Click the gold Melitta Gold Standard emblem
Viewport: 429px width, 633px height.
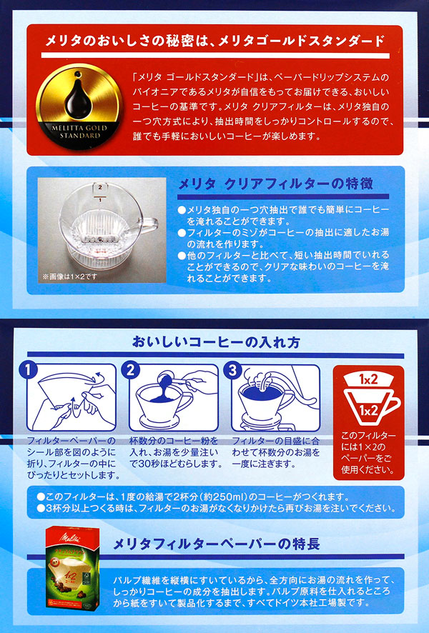[79, 106]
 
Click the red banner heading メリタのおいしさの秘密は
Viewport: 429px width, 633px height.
[214, 41]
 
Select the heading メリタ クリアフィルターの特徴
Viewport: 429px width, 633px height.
[275, 184]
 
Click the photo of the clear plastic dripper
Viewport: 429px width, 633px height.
[102, 230]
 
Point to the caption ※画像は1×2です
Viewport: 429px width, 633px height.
[69, 276]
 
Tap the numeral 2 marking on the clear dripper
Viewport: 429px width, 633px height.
[100, 187]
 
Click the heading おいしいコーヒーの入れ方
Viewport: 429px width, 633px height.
[216, 342]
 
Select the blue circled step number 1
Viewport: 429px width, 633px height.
[29, 370]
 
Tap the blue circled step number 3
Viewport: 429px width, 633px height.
[232, 370]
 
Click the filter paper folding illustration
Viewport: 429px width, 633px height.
[71, 398]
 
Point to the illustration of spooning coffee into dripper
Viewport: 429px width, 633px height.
[174, 398]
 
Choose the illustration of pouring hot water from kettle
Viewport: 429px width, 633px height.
[276, 398]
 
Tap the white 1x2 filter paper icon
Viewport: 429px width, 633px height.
[368, 379]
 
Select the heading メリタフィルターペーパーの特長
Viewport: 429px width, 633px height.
[217, 544]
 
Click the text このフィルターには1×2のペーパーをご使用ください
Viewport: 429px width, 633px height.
[368, 452]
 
